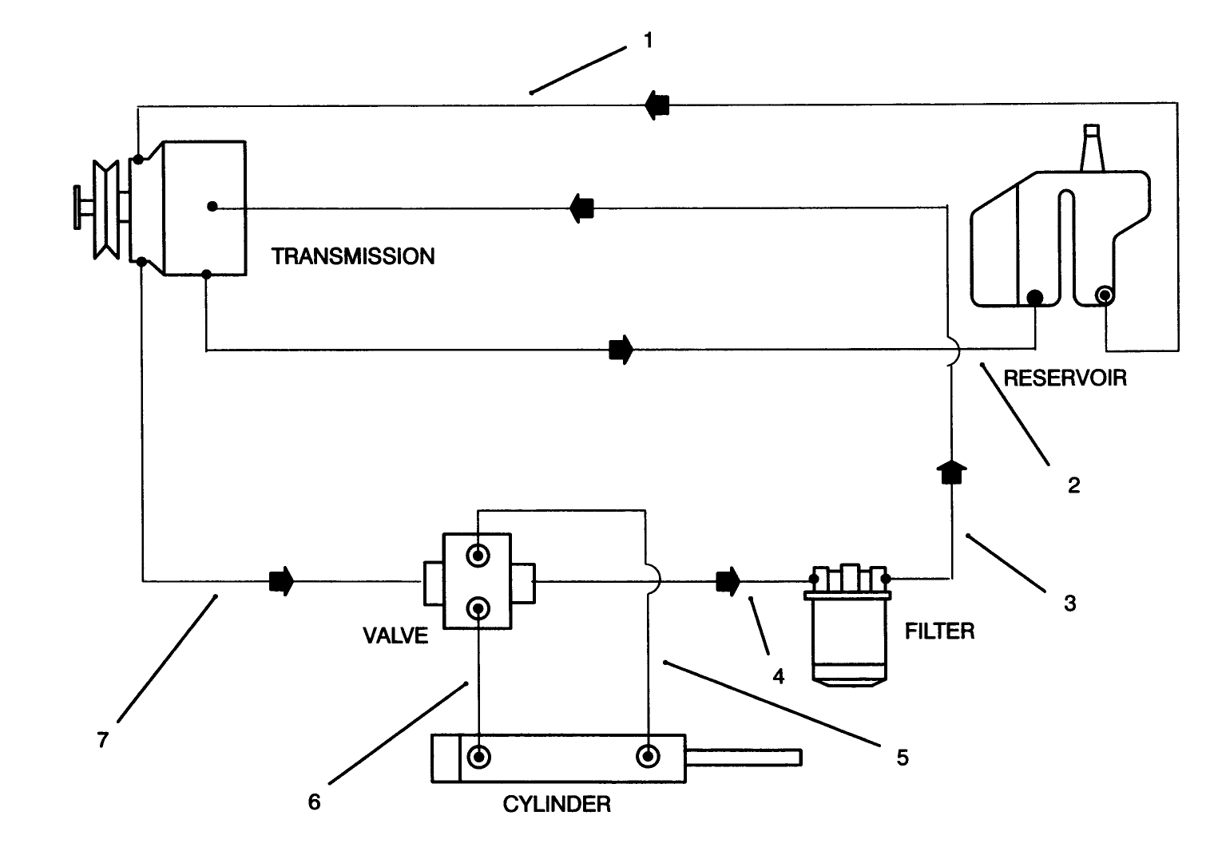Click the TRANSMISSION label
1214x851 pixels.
pos(353,256)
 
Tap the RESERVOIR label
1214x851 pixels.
pos(1065,378)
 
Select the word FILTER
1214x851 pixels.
pos(939,631)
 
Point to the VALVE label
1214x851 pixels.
pos(395,635)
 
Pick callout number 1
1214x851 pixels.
pos(649,40)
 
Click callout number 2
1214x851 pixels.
pos(1074,485)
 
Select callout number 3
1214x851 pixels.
pos(1070,603)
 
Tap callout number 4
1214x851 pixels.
pos(779,676)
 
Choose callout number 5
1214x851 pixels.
pos(903,757)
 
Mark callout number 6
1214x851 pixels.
pos(314,802)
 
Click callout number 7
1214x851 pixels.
pos(102,740)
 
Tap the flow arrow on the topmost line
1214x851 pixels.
pos(657,105)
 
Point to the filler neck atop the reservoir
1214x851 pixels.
pos(1092,148)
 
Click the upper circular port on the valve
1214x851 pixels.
pos(478,556)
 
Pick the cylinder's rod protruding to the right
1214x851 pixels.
pos(743,757)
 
